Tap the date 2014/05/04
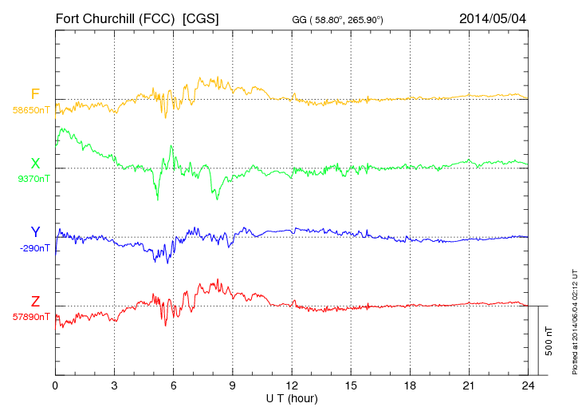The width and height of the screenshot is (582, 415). pos(493,18)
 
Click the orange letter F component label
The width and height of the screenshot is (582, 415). pos(35,94)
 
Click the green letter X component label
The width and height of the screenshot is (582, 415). pos(35,164)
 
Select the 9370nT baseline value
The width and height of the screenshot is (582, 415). pos(33,179)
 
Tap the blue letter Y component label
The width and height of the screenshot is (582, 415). pos(35,232)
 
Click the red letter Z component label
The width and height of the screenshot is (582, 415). pos(35,302)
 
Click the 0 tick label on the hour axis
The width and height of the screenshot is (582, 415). pos(55,385)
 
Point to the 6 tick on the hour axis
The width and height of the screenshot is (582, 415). pos(173,385)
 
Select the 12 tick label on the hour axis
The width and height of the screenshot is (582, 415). pos(292,385)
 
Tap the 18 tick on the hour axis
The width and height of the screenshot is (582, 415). pos(410,385)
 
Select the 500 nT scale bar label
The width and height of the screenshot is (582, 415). pos(549,341)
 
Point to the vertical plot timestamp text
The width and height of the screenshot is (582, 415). pos(574,319)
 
